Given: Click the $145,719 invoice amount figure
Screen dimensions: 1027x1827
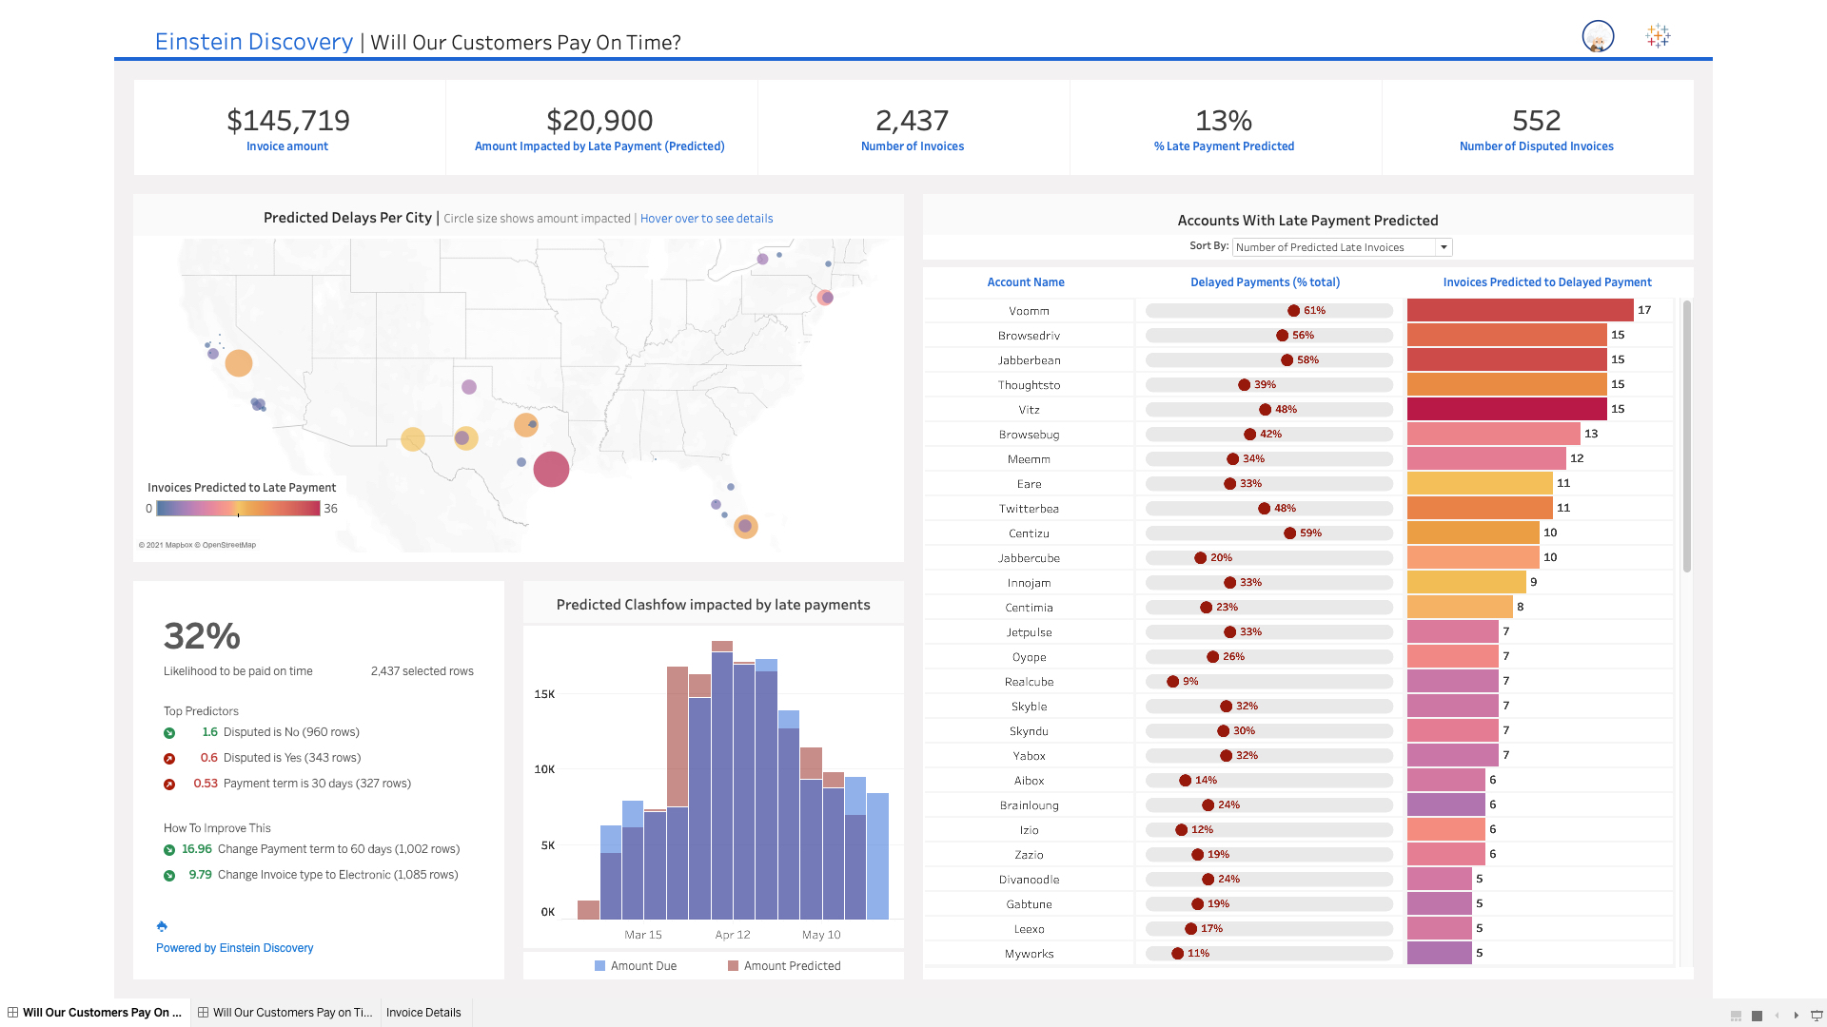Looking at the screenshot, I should (288, 121).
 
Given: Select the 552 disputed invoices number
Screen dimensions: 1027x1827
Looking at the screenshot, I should (1536, 121).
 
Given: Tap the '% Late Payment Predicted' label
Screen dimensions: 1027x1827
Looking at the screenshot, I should (1224, 146).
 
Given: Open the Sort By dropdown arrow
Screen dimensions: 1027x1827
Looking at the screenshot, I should (1444, 247).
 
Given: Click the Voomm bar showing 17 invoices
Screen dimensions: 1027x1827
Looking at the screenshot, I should (1520, 310).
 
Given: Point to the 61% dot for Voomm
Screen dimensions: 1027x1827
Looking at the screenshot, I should (1293, 311).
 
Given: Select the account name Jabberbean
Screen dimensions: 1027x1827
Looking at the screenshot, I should (1029, 360).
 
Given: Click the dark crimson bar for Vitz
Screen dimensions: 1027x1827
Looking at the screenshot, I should (1506, 409).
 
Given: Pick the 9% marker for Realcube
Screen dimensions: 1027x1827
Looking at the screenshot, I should (1173, 682).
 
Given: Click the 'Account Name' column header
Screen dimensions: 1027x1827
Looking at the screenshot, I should (1025, 282).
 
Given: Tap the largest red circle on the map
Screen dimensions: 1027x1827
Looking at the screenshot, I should (551, 469).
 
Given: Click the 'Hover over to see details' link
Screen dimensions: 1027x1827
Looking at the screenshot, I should (706, 219).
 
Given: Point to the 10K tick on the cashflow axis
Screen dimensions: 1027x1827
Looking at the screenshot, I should (544, 769).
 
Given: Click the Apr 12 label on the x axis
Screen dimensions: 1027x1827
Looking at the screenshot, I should (732, 935).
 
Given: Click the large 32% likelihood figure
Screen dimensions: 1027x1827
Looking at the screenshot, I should (202, 636).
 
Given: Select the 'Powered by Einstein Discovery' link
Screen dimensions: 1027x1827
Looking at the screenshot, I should (234, 948).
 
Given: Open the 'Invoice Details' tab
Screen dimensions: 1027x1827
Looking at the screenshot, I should (423, 1013).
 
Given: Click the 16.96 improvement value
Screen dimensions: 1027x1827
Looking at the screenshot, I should (196, 849).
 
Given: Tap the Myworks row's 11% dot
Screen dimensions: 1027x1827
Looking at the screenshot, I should (1178, 954).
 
